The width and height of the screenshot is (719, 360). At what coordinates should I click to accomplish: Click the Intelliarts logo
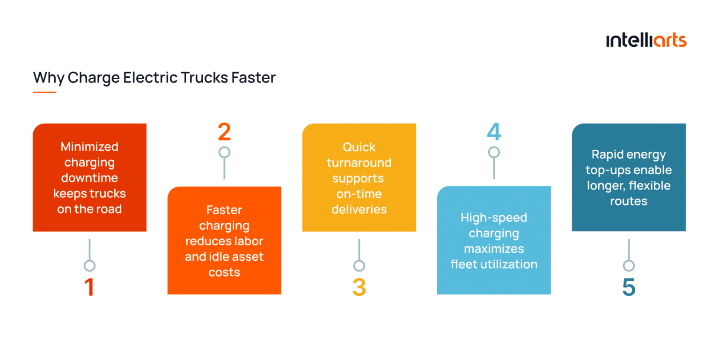coord(646,40)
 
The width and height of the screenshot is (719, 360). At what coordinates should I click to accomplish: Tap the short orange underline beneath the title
coord(44,92)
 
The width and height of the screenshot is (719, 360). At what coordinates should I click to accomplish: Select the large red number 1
coord(89,288)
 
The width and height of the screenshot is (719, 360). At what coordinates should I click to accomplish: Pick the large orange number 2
coord(224,132)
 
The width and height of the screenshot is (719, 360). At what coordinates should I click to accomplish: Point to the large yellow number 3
coord(359,288)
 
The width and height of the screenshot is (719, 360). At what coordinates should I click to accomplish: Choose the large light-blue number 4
coord(494,132)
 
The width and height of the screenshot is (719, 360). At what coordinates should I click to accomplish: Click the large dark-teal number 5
coord(629,288)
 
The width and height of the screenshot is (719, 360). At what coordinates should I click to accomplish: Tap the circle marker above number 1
coord(89,266)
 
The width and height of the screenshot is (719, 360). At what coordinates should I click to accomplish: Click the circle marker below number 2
coord(224,152)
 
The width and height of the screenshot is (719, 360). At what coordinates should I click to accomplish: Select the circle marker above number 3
coord(359,266)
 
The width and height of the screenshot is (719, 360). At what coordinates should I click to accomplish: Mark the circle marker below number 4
coord(494,152)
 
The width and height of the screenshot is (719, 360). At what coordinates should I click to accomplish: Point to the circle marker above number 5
coord(629,266)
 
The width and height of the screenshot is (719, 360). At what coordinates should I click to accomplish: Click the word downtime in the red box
coord(89,178)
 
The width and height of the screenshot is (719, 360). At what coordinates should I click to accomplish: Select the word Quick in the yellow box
coord(359,147)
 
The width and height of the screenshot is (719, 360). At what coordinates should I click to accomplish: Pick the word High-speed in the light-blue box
coord(494,218)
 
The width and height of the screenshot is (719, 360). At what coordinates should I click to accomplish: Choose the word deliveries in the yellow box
coord(359,209)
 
